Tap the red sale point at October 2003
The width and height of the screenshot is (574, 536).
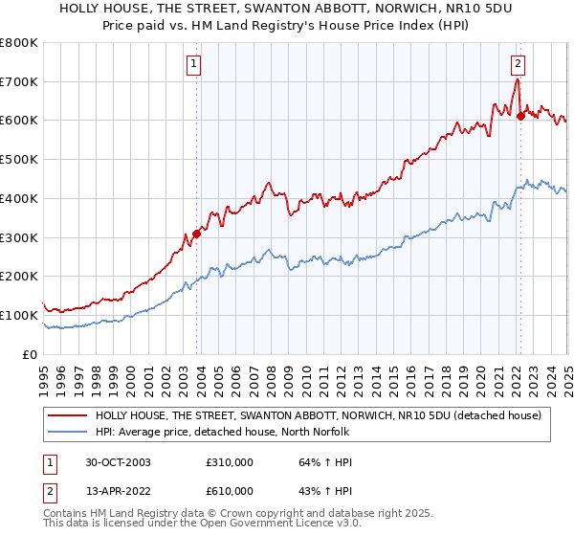point(196,233)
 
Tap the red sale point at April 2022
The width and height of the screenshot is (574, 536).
point(520,116)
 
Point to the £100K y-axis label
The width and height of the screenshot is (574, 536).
point(19,315)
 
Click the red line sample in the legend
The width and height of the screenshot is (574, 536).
point(67,415)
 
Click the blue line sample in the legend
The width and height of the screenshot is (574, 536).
point(67,431)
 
